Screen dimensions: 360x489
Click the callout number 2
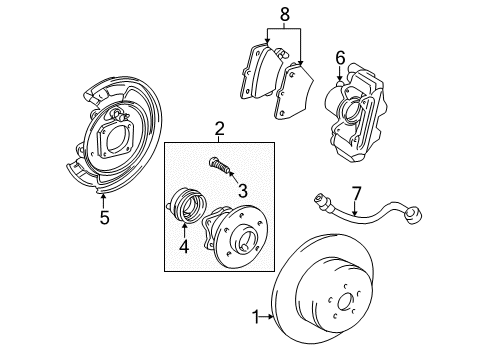pyautogui.click(x=219, y=128)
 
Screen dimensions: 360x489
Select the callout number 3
pyautogui.click(x=241, y=187)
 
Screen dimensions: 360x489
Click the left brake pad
pyautogui.click(x=259, y=70)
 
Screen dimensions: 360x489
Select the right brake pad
pyautogui.click(x=299, y=90)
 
